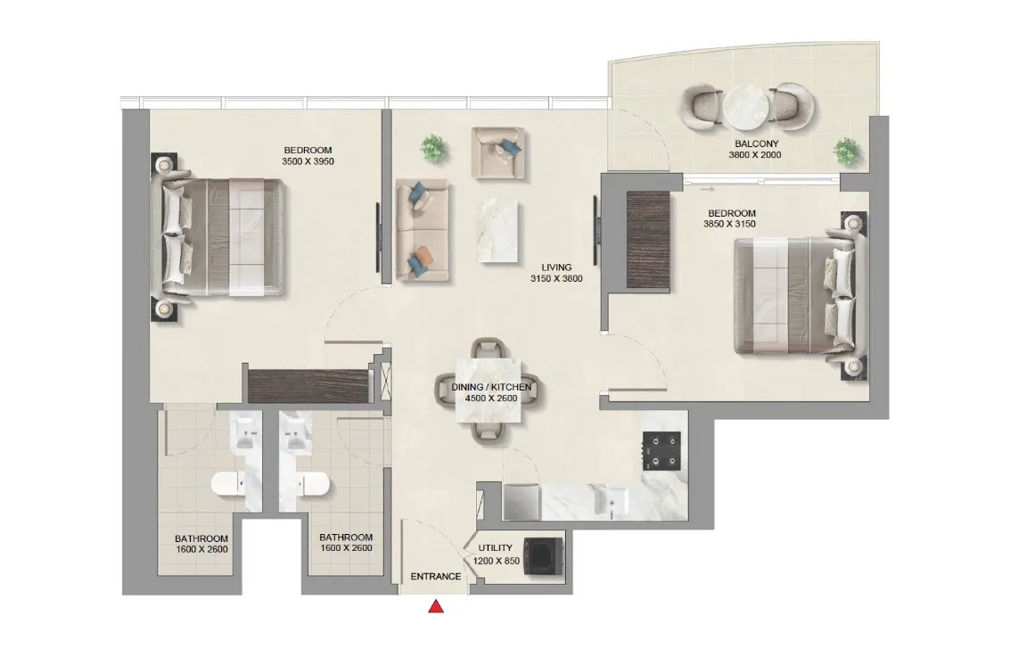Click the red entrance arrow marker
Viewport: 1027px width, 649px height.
(436, 607)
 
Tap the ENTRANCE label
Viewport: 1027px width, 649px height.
(435, 577)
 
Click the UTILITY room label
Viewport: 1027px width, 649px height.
(495, 549)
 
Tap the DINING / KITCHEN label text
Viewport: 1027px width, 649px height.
(492, 388)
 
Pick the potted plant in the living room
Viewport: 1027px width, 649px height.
(434, 148)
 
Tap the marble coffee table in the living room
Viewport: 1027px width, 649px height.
(497, 230)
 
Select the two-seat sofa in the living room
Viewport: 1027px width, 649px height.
(418, 229)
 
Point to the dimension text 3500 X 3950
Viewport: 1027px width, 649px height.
(308, 161)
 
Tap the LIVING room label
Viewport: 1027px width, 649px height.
(556, 267)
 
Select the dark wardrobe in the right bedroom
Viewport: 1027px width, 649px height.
(641, 239)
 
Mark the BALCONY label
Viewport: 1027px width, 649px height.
(756, 144)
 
